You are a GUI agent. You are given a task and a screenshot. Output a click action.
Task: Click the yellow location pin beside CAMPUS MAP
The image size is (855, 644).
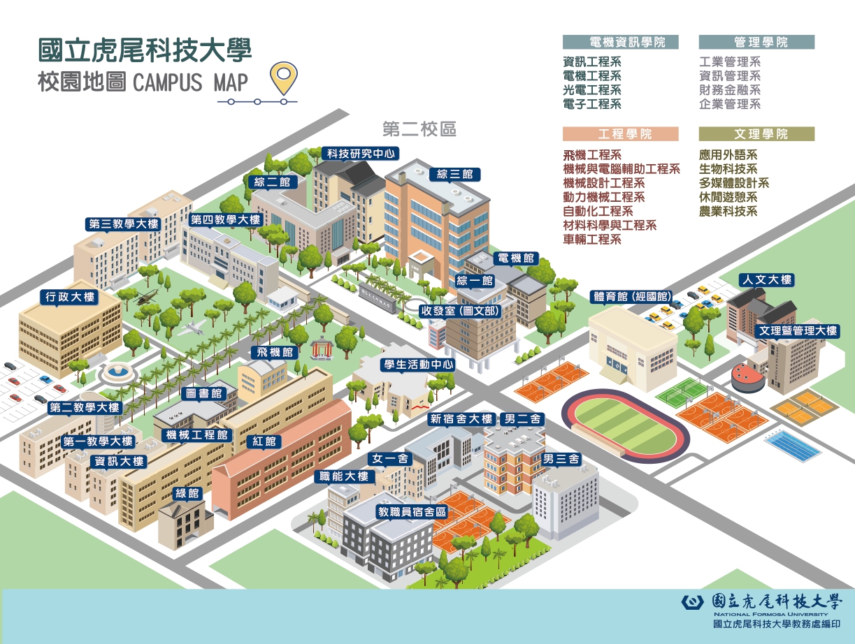[282, 78]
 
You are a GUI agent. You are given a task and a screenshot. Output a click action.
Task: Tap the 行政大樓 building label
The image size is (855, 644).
[71, 297]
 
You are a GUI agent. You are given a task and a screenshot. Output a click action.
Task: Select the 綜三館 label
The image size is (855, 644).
[454, 174]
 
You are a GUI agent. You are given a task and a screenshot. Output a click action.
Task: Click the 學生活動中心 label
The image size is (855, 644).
[417, 365]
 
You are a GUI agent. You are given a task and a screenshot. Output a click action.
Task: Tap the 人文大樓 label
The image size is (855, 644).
[766, 280]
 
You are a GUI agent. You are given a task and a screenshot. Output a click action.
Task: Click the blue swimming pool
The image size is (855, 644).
[791, 446]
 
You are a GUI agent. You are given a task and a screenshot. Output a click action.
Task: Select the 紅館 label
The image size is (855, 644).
[264, 441]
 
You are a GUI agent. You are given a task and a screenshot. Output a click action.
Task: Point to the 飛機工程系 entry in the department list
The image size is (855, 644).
[592, 155]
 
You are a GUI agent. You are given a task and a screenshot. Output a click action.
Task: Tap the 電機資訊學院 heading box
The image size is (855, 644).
[621, 42]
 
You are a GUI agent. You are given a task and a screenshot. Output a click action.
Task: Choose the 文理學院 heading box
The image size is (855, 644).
[756, 134]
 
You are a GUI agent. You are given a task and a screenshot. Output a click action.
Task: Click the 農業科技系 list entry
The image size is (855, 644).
[728, 212]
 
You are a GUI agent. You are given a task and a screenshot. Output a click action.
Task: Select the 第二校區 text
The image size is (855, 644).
[419, 129]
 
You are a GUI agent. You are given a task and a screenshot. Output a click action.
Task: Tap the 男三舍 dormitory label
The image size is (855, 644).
[561, 459]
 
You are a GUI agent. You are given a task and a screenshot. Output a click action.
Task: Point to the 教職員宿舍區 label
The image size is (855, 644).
[412, 511]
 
